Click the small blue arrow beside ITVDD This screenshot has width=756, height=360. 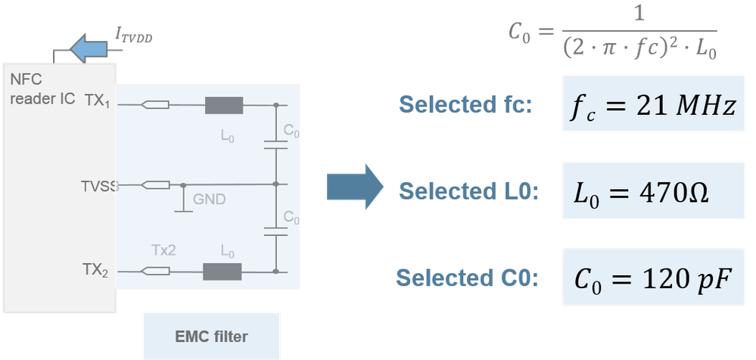tap(89, 49)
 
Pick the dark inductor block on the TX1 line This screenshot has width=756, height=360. tap(223, 106)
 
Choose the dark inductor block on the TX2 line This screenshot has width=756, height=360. tap(222, 271)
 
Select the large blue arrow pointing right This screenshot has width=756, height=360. tap(353, 187)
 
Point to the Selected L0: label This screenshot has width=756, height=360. tap(468, 191)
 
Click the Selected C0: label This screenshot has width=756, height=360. tap(468, 278)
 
